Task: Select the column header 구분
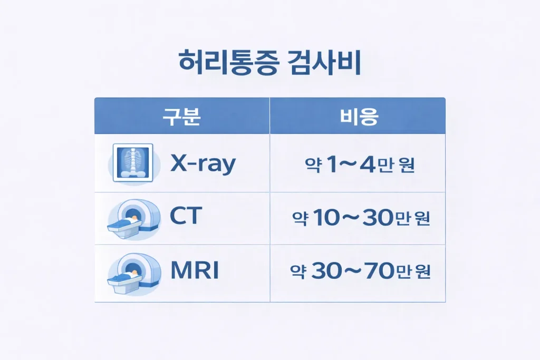[x=181, y=116]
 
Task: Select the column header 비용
[x=358, y=116]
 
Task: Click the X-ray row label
[x=203, y=164]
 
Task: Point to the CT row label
[x=186, y=217]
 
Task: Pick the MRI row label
[x=195, y=271]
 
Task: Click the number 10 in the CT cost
[x=323, y=218]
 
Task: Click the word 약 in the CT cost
[x=298, y=218]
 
